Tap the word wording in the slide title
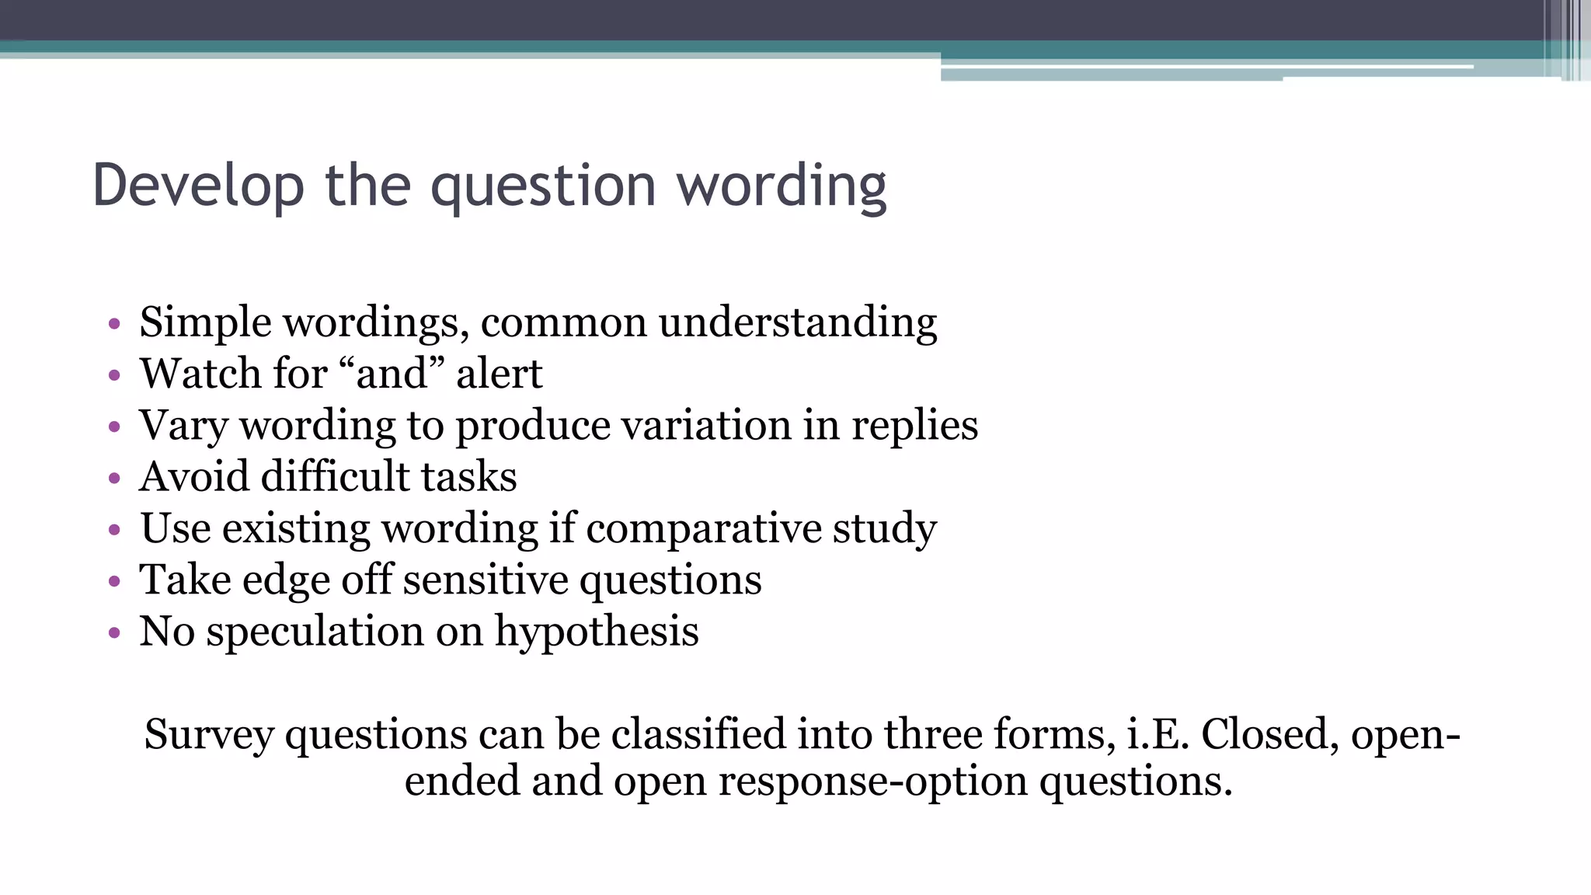782,186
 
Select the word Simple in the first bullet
205,322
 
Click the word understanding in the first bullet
798,322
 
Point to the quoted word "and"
392,373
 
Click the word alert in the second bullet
499,374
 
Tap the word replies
914,426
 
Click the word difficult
335,476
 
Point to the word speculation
315,631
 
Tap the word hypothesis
597,631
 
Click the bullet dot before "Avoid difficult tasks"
115,478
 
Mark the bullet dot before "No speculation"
115,632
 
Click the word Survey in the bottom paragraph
209,734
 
